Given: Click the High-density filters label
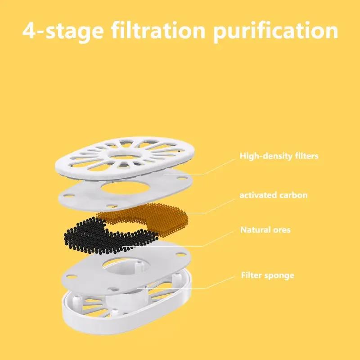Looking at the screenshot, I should pos(279,157).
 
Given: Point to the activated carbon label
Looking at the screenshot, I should pos(273,195).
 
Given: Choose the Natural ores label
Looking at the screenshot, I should pos(265,230).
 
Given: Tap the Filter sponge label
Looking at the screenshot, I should pos(267,275).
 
